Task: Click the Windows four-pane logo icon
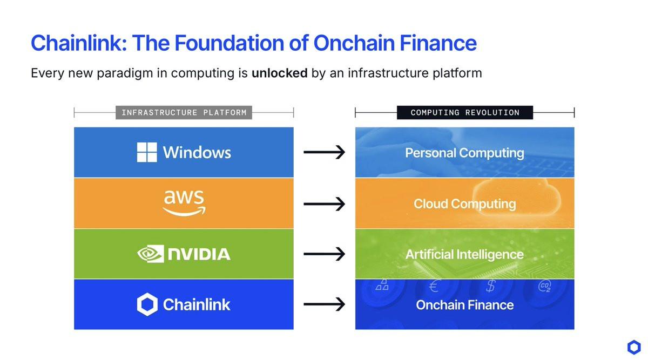[x=147, y=152]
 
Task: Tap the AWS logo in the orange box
[x=184, y=203]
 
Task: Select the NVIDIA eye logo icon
[x=151, y=254]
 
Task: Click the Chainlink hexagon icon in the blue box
[x=147, y=304]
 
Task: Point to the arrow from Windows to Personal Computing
[x=325, y=152]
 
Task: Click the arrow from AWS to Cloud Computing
[x=325, y=204]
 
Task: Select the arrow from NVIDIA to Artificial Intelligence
[x=325, y=254]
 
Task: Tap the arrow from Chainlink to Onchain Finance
[x=325, y=304]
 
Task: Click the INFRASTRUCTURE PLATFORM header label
[x=184, y=112]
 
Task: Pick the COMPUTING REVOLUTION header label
[x=465, y=112]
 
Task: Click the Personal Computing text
[x=464, y=153]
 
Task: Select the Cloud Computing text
[x=464, y=204]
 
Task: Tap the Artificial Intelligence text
[x=464, y=254]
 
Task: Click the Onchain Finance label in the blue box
[x=465, y=305]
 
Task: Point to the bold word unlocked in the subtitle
[x=280, y=73]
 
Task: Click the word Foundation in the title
[x=230, y=43]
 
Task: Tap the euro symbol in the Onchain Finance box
[x=434, y=286]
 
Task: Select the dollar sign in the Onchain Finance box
[x=491, y=286]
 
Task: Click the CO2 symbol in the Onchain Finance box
[x=544, y=286]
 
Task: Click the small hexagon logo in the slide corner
[x=634, y=347]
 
